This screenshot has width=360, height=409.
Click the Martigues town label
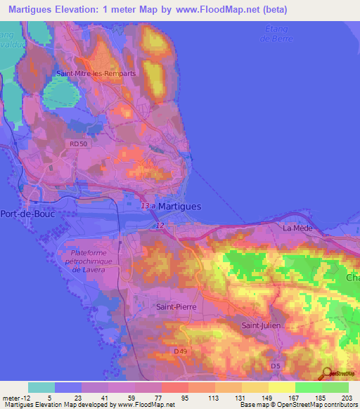coord(179,207)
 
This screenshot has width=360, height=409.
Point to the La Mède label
coord(297,228)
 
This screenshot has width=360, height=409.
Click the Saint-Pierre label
coord(176,307)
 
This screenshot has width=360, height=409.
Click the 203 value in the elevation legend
coord(347,397)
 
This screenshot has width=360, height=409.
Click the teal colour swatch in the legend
coord(41,387)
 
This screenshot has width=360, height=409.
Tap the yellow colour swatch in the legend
coord(282,387)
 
